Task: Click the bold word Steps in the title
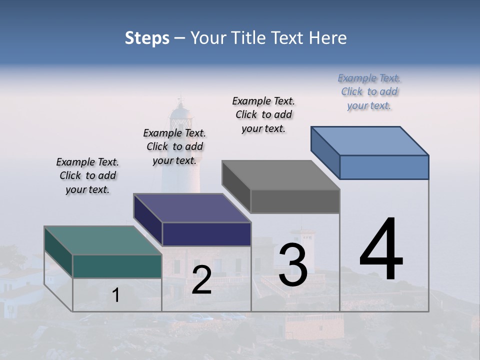[147, 38]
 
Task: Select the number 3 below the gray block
[293, 264]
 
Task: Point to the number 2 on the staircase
[201, 280]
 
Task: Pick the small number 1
[116, 295]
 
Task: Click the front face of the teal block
[117, 266]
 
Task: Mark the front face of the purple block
[206, 234]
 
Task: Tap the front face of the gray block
[295, 201]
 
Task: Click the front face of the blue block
[384, 167]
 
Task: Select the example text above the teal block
[87, 175]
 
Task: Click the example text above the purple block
[174, 146]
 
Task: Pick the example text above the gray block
[263, 114]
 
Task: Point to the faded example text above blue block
[369, 91]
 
